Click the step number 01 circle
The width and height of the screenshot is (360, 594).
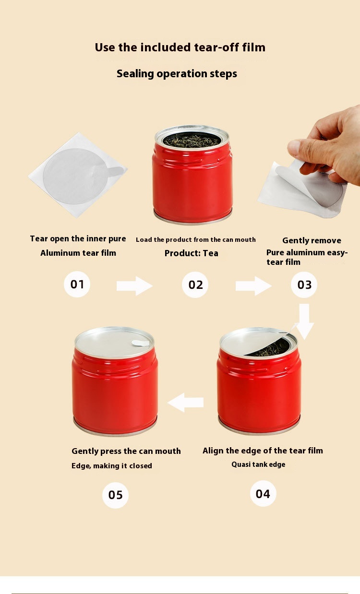pos(77,284)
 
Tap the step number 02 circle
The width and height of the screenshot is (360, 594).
pos(195,285)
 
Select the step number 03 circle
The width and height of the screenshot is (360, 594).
pos(304,285)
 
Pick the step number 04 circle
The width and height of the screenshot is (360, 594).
pos(263,494)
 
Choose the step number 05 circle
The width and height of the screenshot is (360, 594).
pos(115,495)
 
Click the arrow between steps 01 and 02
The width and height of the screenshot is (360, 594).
pos(134,286)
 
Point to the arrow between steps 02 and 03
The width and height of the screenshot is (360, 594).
pos(253,286)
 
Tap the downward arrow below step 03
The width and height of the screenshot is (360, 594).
pos(304,321)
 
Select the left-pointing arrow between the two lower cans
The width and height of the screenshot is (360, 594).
pos(186,402)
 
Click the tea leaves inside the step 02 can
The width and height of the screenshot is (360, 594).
pos(192,140)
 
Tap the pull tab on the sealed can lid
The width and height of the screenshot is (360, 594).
pos(140,343)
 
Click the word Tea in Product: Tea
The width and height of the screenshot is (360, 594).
pos(211,253)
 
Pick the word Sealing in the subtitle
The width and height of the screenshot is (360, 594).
pos(135,74)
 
